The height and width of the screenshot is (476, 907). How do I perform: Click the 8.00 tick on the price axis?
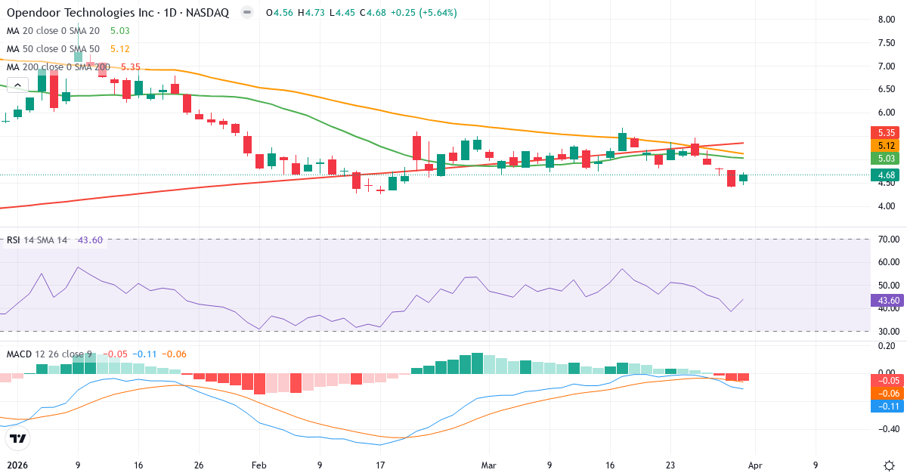887,20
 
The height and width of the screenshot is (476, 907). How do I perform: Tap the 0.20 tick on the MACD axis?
887,345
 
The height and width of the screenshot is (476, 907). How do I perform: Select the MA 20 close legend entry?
53,31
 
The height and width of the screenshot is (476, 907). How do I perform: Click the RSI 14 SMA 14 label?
37,240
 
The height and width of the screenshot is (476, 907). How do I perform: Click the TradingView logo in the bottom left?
18,438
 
